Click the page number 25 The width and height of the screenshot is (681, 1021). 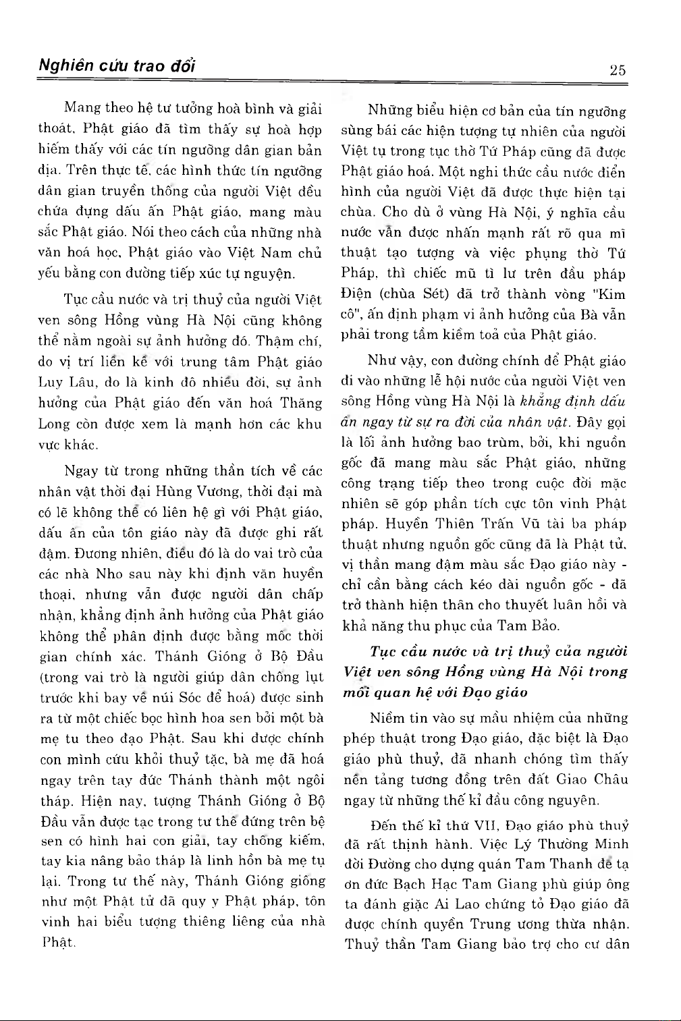point(617,70)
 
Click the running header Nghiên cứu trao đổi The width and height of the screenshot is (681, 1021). point(117,66)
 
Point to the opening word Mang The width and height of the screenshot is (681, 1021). point(82,108)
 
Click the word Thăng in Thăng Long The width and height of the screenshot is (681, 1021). point(302,403)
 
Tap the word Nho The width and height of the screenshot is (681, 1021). point(110,574)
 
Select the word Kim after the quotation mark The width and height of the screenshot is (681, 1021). point(612,294)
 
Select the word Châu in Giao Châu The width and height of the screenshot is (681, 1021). point(611,779)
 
